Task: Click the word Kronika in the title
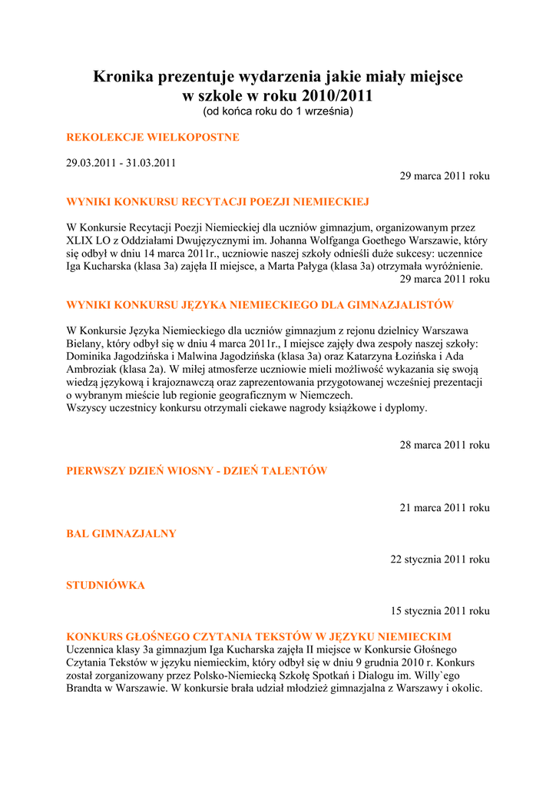[123, 77]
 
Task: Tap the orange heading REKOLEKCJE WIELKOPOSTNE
[154, 138]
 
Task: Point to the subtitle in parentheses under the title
[278, 112]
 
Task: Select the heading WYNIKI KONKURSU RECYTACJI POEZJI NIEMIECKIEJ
[218, 202]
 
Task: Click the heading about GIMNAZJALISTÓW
[260, 305]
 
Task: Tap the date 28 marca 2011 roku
[445, 445]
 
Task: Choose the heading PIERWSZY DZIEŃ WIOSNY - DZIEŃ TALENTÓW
[197, 471]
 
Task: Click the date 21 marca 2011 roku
[445, 508]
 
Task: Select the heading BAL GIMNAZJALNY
[121, 534]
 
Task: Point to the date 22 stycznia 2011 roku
[440, 560]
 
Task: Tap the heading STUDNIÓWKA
[106, 586]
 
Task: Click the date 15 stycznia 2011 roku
[440, 611]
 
